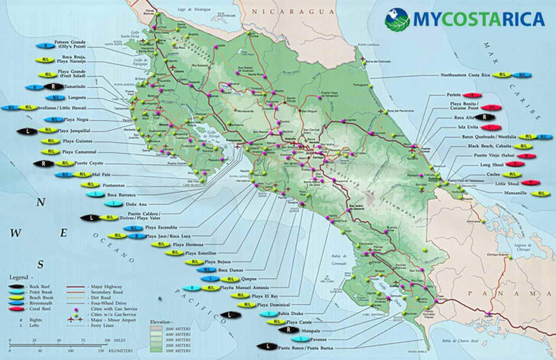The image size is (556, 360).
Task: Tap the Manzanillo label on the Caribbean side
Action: (498, 194)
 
